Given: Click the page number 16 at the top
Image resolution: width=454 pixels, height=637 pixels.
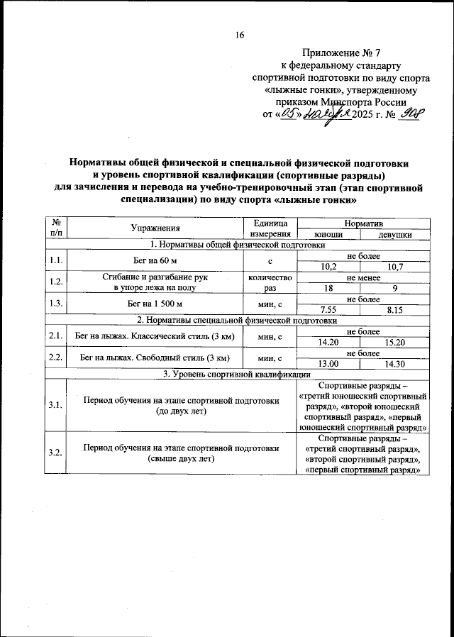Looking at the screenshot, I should [x=240, y=35].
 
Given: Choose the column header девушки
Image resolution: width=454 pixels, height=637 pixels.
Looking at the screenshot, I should [x=394, y=234].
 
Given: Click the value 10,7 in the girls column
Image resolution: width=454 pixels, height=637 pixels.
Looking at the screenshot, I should [x=394, y=266].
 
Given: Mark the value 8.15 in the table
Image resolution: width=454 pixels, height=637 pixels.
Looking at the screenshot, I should [x=394, y=310].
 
